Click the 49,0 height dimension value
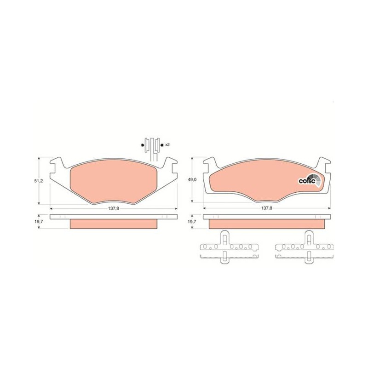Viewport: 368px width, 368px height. (192, 179)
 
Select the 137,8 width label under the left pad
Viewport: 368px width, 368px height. (114, 208)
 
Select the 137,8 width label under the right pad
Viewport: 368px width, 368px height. (267, 208)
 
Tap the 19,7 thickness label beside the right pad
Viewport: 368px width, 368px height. (192, 221)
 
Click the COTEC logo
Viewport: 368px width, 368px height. (310, 180)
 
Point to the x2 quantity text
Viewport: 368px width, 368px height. (167, 145)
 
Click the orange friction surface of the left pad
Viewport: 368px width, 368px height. (114, 181)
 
